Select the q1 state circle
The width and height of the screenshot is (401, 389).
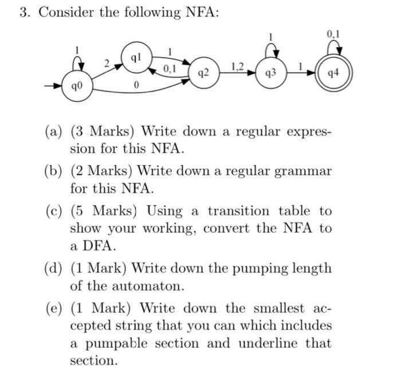point(135,58)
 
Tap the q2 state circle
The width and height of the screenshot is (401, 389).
point(202,73)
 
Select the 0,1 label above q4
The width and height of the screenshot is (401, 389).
point(333,34)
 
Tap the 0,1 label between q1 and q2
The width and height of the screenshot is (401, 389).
point(170,69)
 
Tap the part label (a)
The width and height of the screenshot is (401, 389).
point(55,131)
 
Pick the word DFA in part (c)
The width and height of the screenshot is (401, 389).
point(86,247)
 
